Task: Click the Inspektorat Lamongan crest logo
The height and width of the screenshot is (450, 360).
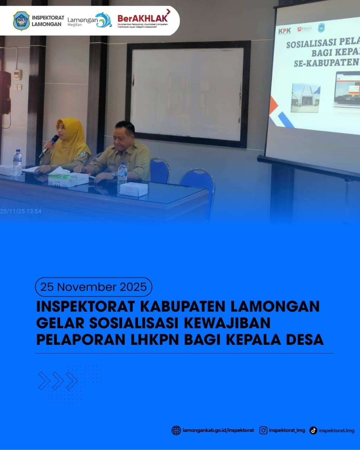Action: [21, 21]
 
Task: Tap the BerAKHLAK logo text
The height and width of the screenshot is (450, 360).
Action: [143, 18]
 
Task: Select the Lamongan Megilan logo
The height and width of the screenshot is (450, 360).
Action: [89, 21]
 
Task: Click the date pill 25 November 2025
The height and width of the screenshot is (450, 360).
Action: [93, 287]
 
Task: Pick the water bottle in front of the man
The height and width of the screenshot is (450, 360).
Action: [122, 174]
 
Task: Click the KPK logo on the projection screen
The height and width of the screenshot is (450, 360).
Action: [284, 31]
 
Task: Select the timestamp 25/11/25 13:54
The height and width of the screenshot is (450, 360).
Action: [21, 211]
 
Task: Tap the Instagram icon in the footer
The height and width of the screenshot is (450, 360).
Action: [263, 430]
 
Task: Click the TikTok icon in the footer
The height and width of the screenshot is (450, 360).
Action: [313, 430]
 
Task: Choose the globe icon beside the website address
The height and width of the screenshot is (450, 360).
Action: [176, 430]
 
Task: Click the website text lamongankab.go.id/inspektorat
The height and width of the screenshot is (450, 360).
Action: [218, 430]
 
